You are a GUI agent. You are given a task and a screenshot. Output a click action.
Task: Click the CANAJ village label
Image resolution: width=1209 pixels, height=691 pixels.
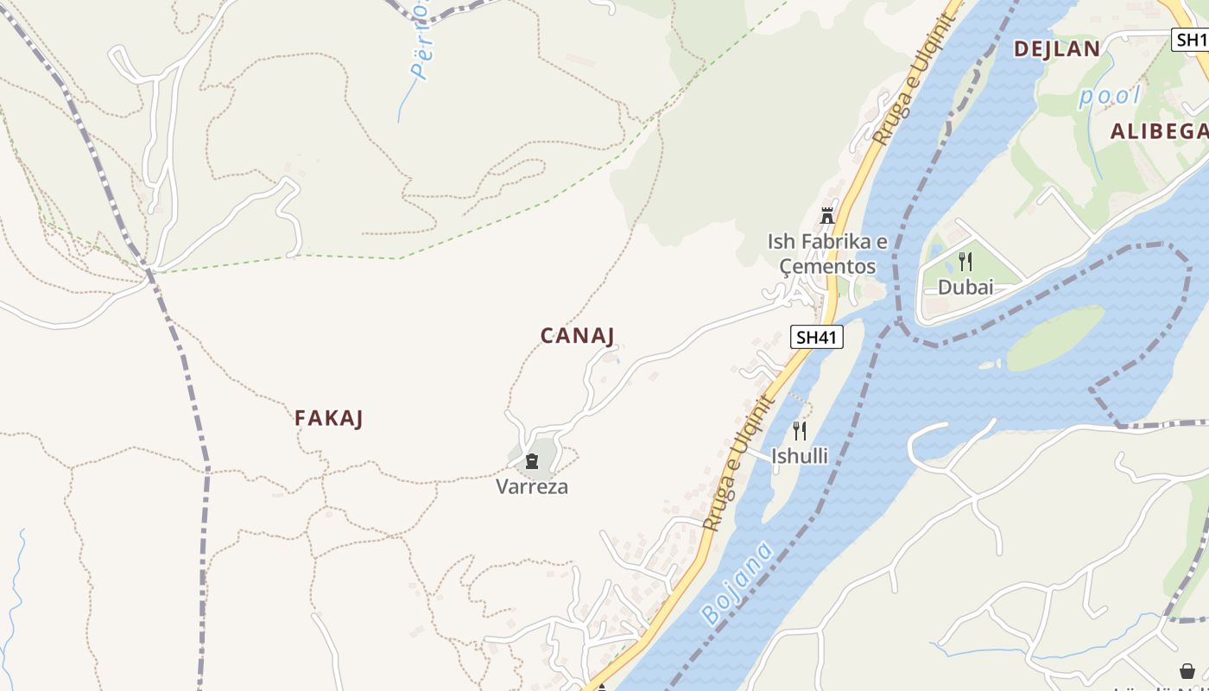click(x=578, y=336)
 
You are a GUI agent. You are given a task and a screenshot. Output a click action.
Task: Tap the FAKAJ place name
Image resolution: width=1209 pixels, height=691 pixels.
click(x=328, y=419)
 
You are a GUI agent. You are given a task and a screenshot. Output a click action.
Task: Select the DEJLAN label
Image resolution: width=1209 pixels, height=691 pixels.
click(x=1057, y=49)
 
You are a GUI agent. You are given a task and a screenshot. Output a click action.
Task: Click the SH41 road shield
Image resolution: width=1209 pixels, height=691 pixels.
click(x=816, y=337)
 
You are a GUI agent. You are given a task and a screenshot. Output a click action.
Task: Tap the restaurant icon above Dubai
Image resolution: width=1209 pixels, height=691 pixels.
click(x=965, y=262)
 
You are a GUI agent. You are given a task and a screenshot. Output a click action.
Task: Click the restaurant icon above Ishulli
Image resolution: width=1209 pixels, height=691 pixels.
click(x=800, y=430)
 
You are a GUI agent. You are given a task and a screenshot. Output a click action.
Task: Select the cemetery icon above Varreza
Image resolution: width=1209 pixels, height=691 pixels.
click(x=532, y=462)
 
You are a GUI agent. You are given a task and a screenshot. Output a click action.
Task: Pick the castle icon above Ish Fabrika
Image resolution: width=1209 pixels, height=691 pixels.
click(x=827, y=216)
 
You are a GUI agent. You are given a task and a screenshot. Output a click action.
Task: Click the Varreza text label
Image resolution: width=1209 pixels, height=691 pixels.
click(x=532, y=487)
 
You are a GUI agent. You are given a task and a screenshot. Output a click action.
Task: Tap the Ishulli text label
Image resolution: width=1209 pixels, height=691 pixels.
click(x=800, y=456)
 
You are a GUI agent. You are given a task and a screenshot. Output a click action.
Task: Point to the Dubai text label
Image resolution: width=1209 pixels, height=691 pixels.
click(x=965, y=288)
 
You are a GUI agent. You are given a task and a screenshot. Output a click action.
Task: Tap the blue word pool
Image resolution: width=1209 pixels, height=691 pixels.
click(x=1110, y=96)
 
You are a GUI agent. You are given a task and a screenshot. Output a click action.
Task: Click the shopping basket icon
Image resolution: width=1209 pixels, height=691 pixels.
click(x=1187, y=671)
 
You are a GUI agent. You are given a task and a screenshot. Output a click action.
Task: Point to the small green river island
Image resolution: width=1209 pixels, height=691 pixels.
click(x=1055, y=338)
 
